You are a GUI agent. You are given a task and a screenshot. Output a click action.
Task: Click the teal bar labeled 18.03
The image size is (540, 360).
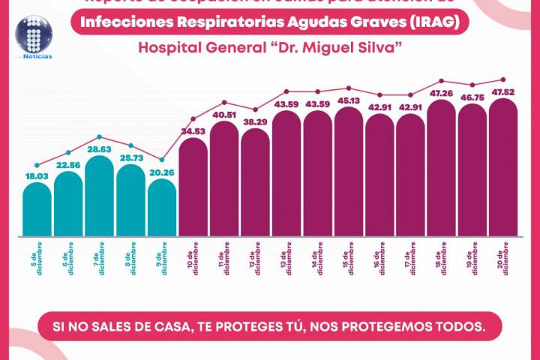(x=37, y=210)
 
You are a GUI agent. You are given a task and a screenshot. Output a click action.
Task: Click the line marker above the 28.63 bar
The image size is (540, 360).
(x=100, y=137)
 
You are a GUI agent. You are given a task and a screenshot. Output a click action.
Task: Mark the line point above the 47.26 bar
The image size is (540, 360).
(x=442, y=80)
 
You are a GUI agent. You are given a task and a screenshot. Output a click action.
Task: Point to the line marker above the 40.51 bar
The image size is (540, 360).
(x=224, y=102)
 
